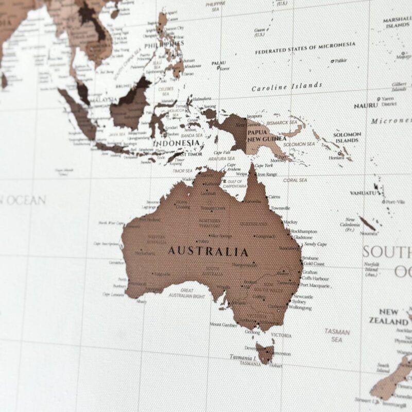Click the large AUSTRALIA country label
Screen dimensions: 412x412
point(208,252)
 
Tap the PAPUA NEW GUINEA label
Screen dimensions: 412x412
point(266,134)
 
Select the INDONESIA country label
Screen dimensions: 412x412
point(177,143)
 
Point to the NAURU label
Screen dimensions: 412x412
point(366,106)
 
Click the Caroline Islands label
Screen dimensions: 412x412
point(287,87)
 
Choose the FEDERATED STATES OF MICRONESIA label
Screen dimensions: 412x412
point(305,49)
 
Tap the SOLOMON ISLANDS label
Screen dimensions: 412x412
point(347,137)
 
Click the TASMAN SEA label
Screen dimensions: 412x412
point(337,336)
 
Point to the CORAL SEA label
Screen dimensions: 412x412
point(295,180)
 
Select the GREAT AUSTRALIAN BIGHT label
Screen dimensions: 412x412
point(187,293)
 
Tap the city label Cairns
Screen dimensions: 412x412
point(274,197)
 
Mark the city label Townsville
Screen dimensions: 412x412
point(281,208)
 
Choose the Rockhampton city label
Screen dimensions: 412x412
point(304,232)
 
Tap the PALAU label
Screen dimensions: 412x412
point(219,63)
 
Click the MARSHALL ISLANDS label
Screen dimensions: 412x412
point(397,22)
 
